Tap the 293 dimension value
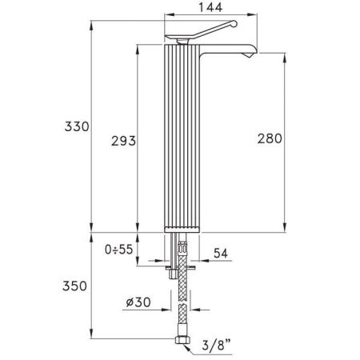point(122,141)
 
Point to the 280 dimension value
point(270,139)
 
